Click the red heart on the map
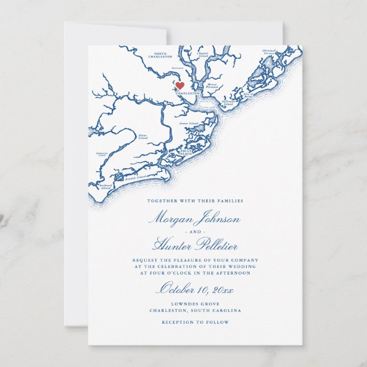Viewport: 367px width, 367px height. pos(180,86)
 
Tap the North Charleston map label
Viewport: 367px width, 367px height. pos(160,55)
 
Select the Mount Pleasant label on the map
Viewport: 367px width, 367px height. pos(211,85)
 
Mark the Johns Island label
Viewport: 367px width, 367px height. pos(143,136)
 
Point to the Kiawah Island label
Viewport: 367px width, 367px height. pos(137,177)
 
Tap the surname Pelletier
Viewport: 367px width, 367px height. pos(215,246)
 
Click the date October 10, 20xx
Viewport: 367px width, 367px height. pos(195,288)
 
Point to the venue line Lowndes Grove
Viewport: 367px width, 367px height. pos(195,304)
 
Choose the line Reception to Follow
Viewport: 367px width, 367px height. pos(195,322)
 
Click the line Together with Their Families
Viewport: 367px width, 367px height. pos(195,201)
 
